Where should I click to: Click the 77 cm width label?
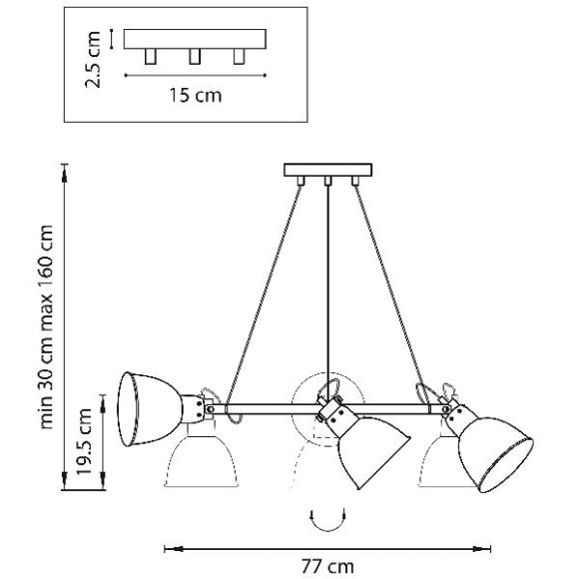[327, 566]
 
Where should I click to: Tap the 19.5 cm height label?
[84, 441]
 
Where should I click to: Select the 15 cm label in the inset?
[196, 95]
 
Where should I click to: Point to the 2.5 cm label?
[93, 60]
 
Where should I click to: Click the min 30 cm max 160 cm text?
[46, 326]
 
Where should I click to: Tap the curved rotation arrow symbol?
[327, 520]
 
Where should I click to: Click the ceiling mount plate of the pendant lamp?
[327, 170]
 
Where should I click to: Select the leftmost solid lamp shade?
[150, 408]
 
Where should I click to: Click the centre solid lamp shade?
[373, 452]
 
